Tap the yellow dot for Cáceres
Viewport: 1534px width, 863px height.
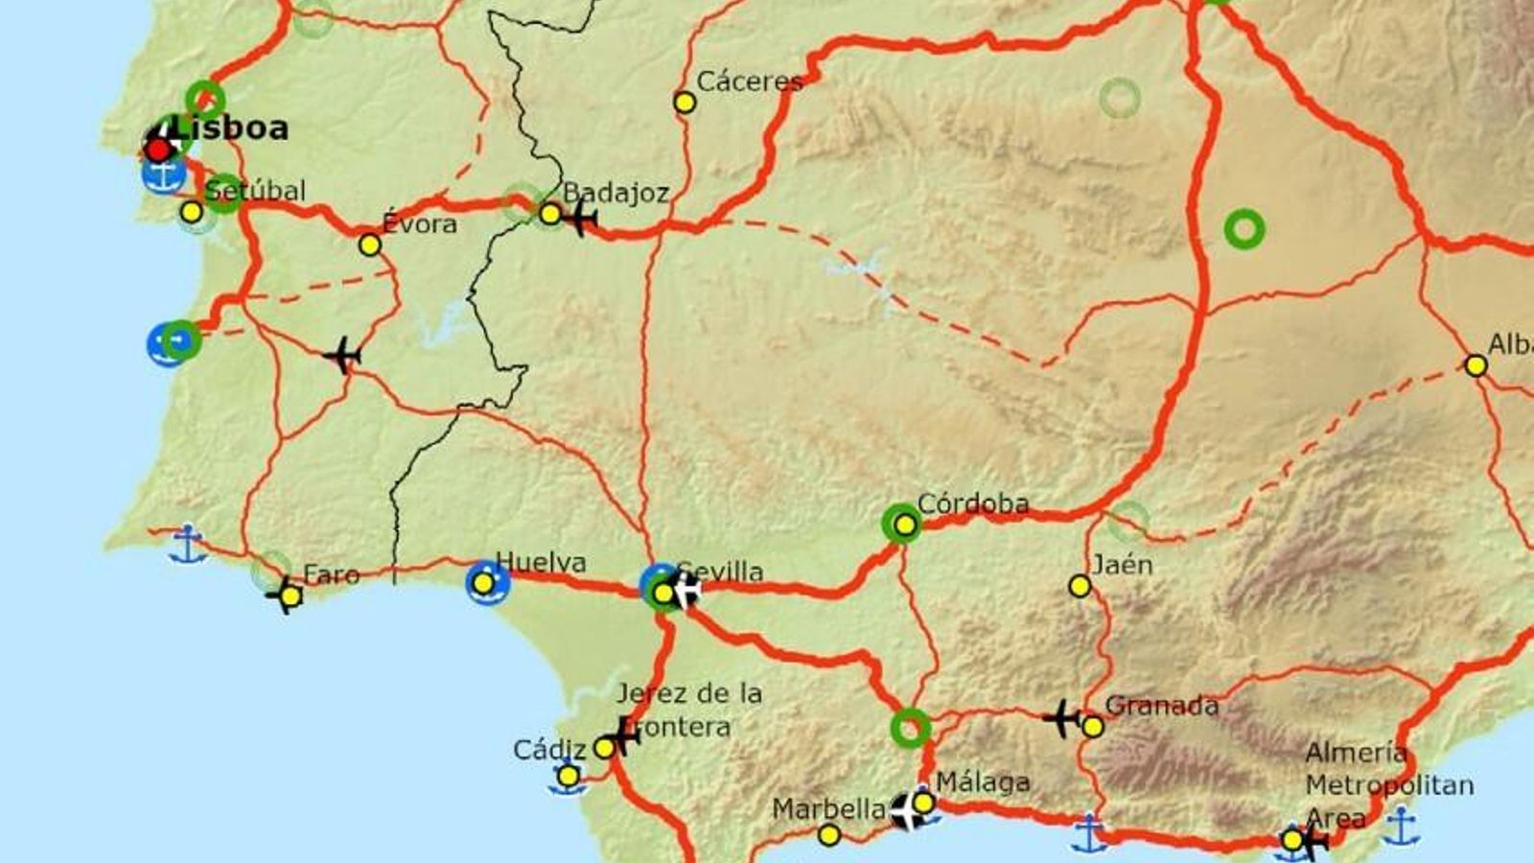pos(685,102)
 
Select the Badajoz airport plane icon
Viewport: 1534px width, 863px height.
pos(580,219)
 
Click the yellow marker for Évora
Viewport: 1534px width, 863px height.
pos(370,245)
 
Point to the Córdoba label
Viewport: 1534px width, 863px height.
pos(972,503)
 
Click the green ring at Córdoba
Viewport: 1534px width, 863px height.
pos(902,524)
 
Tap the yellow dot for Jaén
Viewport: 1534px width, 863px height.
pos(1081,586)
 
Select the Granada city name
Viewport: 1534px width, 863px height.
pos(1161,706)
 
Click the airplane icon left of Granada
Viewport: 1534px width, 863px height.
pos(1061,718)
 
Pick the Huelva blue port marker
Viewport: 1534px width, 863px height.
pos(486,583)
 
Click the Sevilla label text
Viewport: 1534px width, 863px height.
pos(721,571)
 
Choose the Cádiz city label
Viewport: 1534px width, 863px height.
pos(548,749)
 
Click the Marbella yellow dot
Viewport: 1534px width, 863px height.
pos(829,835)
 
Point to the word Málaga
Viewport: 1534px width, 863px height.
pos(983,782)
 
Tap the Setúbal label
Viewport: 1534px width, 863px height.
pos(256,190)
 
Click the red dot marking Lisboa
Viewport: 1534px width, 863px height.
pos(158,150)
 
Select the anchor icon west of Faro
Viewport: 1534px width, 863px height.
pos(187,544)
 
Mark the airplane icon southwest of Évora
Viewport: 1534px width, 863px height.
pos(342,356)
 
